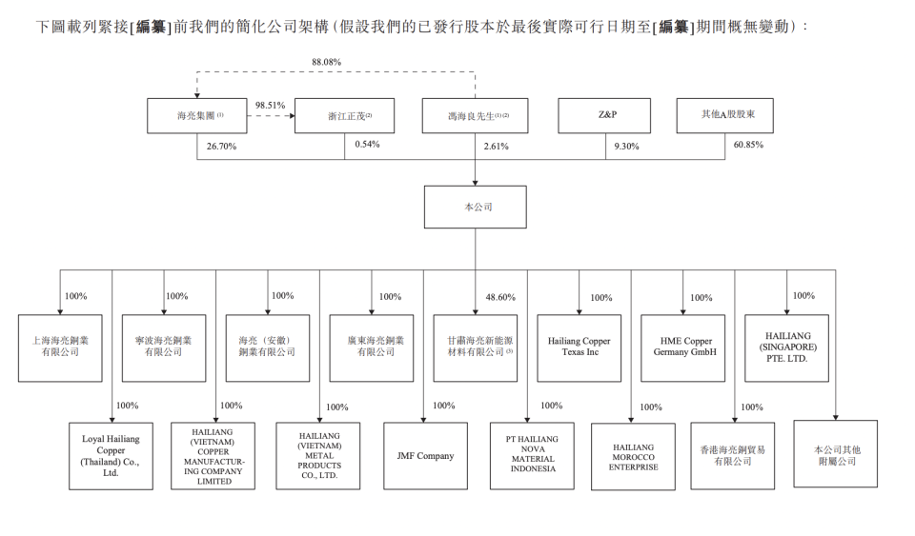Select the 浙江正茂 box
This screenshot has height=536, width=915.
click(x=344, y=115)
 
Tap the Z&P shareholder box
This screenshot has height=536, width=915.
click(x=604, y=115)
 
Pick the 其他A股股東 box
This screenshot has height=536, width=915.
click(x=723, y=115)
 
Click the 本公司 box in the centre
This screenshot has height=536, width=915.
click(x=475, y=207)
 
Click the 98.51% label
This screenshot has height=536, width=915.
click(x=270, y=105)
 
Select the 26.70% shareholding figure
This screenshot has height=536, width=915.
click(x=221, y=147)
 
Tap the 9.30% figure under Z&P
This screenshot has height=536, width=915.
click(x=628, y=147)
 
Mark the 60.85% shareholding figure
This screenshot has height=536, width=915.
click(x=748, y=146)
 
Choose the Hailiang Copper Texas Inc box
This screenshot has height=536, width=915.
click(x=579, y=347)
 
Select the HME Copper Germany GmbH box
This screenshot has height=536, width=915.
click(x=682, y=347)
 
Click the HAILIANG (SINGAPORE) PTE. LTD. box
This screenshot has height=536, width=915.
click(x=786, y=347)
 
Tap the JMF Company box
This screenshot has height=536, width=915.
click(x=425, y=456)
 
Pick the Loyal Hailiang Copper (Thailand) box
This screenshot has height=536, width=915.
click(x=111, y=456)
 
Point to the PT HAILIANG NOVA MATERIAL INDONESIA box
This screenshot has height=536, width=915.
click(x=532, y=456)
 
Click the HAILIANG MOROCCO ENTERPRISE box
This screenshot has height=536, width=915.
click(x=633, y=456)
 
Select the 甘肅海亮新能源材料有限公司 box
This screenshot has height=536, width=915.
click(x=475, y=347)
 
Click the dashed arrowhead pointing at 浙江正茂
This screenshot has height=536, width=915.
click(x=290, y=115)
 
